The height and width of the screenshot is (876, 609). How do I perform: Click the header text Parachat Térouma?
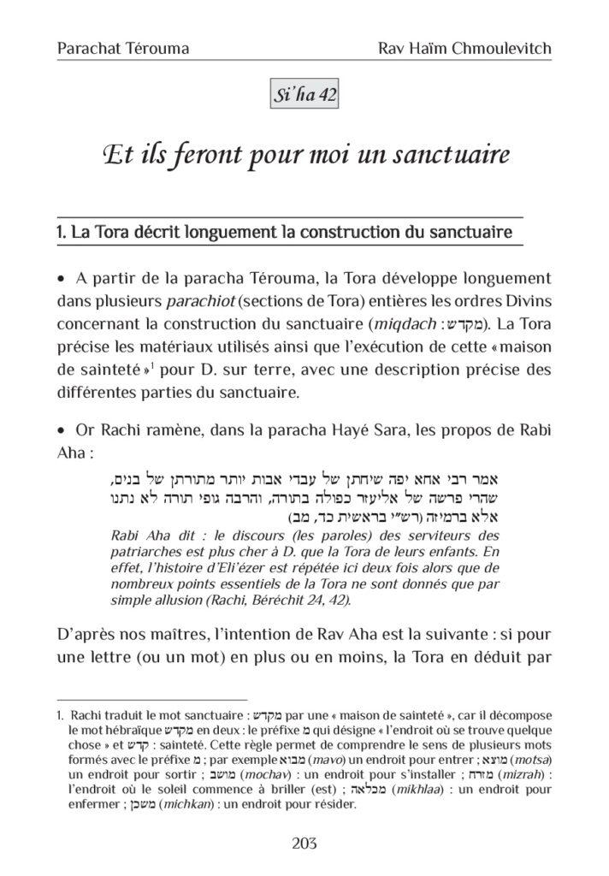[122, 49]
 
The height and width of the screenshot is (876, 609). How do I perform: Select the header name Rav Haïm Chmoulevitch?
[464, 49]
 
